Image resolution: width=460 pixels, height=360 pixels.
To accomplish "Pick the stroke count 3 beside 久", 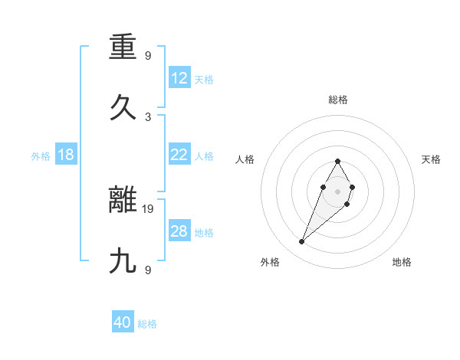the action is pos(148,116).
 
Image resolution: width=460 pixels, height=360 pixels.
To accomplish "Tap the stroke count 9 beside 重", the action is pos(148,56).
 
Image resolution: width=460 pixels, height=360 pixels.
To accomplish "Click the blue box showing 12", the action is pos(179,78).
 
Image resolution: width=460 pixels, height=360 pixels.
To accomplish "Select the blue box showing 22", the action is pos(179,155).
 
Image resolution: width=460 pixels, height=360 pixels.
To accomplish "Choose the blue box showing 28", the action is pos(179,231).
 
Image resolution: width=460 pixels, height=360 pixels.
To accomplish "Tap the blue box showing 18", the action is pos(66,155).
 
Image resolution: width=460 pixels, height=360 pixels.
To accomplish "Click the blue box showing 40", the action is pos(123,322).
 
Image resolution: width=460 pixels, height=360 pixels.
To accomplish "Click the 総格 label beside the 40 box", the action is pos(147,324).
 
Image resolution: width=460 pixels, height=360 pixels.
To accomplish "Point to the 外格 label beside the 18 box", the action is pos(41,156).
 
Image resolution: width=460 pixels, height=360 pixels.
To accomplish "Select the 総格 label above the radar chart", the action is pos(338,100).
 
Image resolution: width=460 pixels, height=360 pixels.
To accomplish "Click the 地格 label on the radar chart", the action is pos(402,262).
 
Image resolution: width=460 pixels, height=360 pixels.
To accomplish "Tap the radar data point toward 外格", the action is pos(302,242).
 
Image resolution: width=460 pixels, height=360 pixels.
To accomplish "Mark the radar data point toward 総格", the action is pos(338,161).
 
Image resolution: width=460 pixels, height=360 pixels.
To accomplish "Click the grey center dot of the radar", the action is pos(338,191).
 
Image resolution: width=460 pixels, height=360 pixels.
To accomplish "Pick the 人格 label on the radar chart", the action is pos(245,159).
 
